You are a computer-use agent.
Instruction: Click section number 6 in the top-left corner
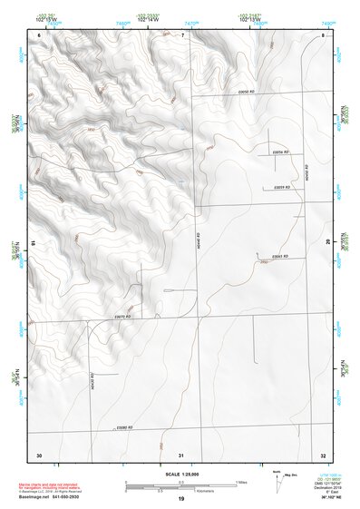point(40,35)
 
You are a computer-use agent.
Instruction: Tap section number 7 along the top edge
point(181,35)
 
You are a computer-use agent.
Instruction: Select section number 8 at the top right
point(324,35)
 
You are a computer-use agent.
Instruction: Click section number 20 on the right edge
point(328,241)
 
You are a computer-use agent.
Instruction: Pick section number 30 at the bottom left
point(39,454)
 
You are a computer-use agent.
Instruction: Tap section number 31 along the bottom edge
point(181,454)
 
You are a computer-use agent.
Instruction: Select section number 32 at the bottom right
point(324,454)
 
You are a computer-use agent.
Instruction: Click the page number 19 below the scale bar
point(181,499)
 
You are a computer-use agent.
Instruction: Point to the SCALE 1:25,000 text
point(181,474)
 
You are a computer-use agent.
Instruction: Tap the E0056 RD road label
point(280,151)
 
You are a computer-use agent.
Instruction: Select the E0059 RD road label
point(281,186)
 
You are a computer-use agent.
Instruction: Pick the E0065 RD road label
point(279,256)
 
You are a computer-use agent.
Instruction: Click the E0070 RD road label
point(123,316)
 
